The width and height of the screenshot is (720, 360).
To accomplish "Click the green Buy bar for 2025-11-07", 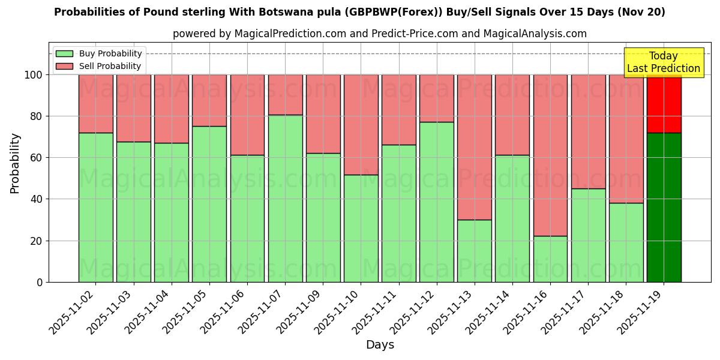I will tap(285, 198).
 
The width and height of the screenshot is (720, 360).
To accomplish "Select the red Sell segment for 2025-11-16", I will tap(550, 155).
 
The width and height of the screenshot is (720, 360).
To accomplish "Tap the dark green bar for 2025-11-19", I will tap(664, 207).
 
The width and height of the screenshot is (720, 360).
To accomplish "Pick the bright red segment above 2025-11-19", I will tap(664, 103).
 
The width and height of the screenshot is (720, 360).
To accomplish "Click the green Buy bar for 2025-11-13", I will tap(475, 250).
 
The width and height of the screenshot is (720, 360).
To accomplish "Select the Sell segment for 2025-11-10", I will tap(361, 124).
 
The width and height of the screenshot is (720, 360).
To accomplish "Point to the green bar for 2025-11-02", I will tap(95, 207).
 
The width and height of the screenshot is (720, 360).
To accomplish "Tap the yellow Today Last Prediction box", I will tap(664, 62).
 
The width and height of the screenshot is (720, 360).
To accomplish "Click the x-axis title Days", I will tap(380, 345).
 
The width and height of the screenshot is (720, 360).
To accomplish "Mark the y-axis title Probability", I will tap(15, 163).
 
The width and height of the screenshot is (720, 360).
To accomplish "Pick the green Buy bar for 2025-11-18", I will tap(626, 242).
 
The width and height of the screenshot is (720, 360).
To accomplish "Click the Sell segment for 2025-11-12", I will tap(437, 98).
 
